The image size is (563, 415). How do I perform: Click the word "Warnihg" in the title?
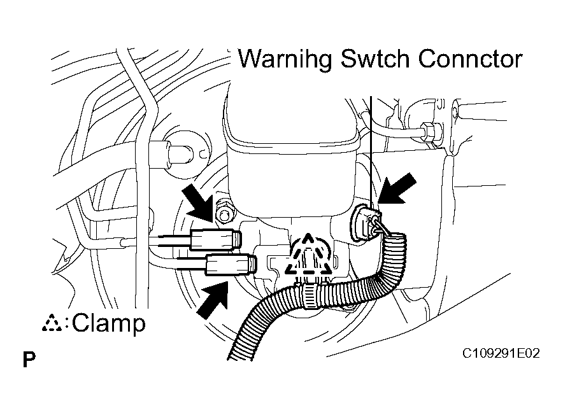point(285,59)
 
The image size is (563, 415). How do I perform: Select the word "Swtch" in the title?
point(374,59)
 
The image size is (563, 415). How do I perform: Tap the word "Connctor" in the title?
point(470,59)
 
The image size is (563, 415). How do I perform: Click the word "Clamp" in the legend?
point(109,323)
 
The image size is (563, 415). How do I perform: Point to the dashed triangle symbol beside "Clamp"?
point(52,323)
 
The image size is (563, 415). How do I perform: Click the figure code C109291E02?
point(501,354)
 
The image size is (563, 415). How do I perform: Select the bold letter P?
point(29,359)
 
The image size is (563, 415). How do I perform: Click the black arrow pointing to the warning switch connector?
point(397,189)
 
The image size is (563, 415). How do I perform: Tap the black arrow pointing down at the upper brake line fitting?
point(199,202)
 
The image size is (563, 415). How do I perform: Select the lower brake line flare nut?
point(231,264)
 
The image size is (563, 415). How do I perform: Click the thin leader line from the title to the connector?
point(371,153)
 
